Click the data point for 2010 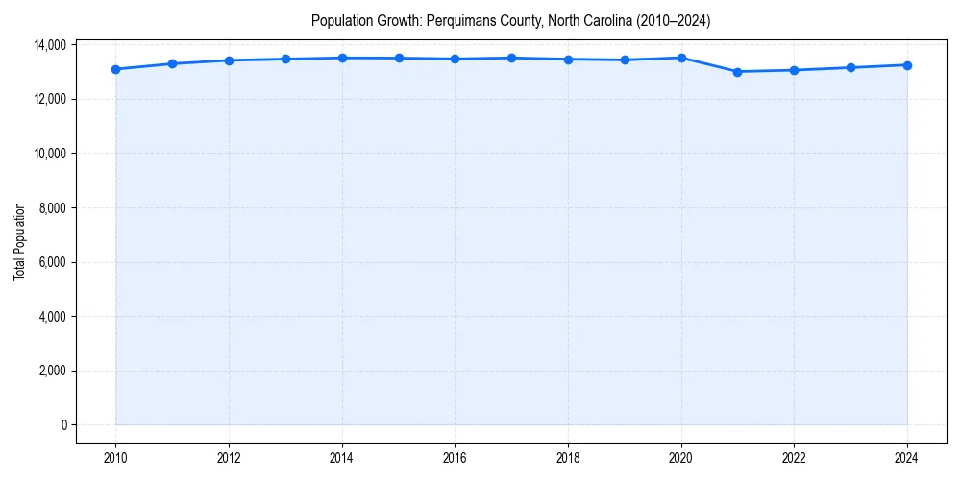(x=115, y=69)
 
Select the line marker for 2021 (x=737, y=72)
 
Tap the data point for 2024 (x=907, y=65)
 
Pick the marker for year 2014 (x=342, y=58)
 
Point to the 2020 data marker (x=681, y=58)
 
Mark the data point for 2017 (x=511, y=58)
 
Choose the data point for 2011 (x=172, y=64)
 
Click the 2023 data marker (x=850, y=67)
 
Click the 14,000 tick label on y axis (x=49, y=45)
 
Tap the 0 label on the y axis (x=63, y=425)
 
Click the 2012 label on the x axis (x=229, y=458)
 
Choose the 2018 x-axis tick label (x=568, y=458)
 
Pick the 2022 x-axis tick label (x=794, y=458)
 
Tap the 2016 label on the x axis (x=455, y=458)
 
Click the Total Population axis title (x=19, y=242)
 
